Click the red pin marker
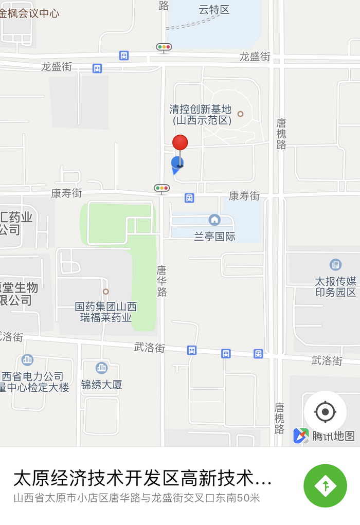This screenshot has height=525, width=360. pyautogui.click(x=180, y=142)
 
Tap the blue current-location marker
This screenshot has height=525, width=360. pyautogui.click(x=177, y=164)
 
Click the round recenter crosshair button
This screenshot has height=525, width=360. pyautogui.click(x=325, y=411)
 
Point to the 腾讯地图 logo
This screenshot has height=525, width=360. pyautogui.click(x=324, y=436)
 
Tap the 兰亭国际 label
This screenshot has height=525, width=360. pyautogui.click(x=214, y=237)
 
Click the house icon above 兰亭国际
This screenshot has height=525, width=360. pyautogui.click(x=214, y=220)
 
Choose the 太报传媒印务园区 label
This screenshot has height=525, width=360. pyautogui.click(x=335, y=287)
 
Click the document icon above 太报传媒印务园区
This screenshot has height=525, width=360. pyautogui.click(x=335, y=265)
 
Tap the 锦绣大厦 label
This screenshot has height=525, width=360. pyautogui.click(x=102, y=385)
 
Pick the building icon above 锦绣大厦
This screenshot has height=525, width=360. pyautogui.click(x=102, y=368)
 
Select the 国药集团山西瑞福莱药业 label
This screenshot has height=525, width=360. pyautogui.click(x=106, y=312)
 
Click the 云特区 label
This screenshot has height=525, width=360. pyautogui.click(x=213, y=9)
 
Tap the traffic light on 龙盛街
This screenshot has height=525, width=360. pyautogui.click(x=164, y=47)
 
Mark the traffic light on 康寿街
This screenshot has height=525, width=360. pyautogui.click(x=161, y=188)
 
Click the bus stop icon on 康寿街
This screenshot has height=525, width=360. pyautogui.click(x=189, y=198)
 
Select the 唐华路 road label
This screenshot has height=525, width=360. pyautogui.click(x=161, y=281)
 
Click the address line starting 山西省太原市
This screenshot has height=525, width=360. pyautogui.click(x=136, y=498)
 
